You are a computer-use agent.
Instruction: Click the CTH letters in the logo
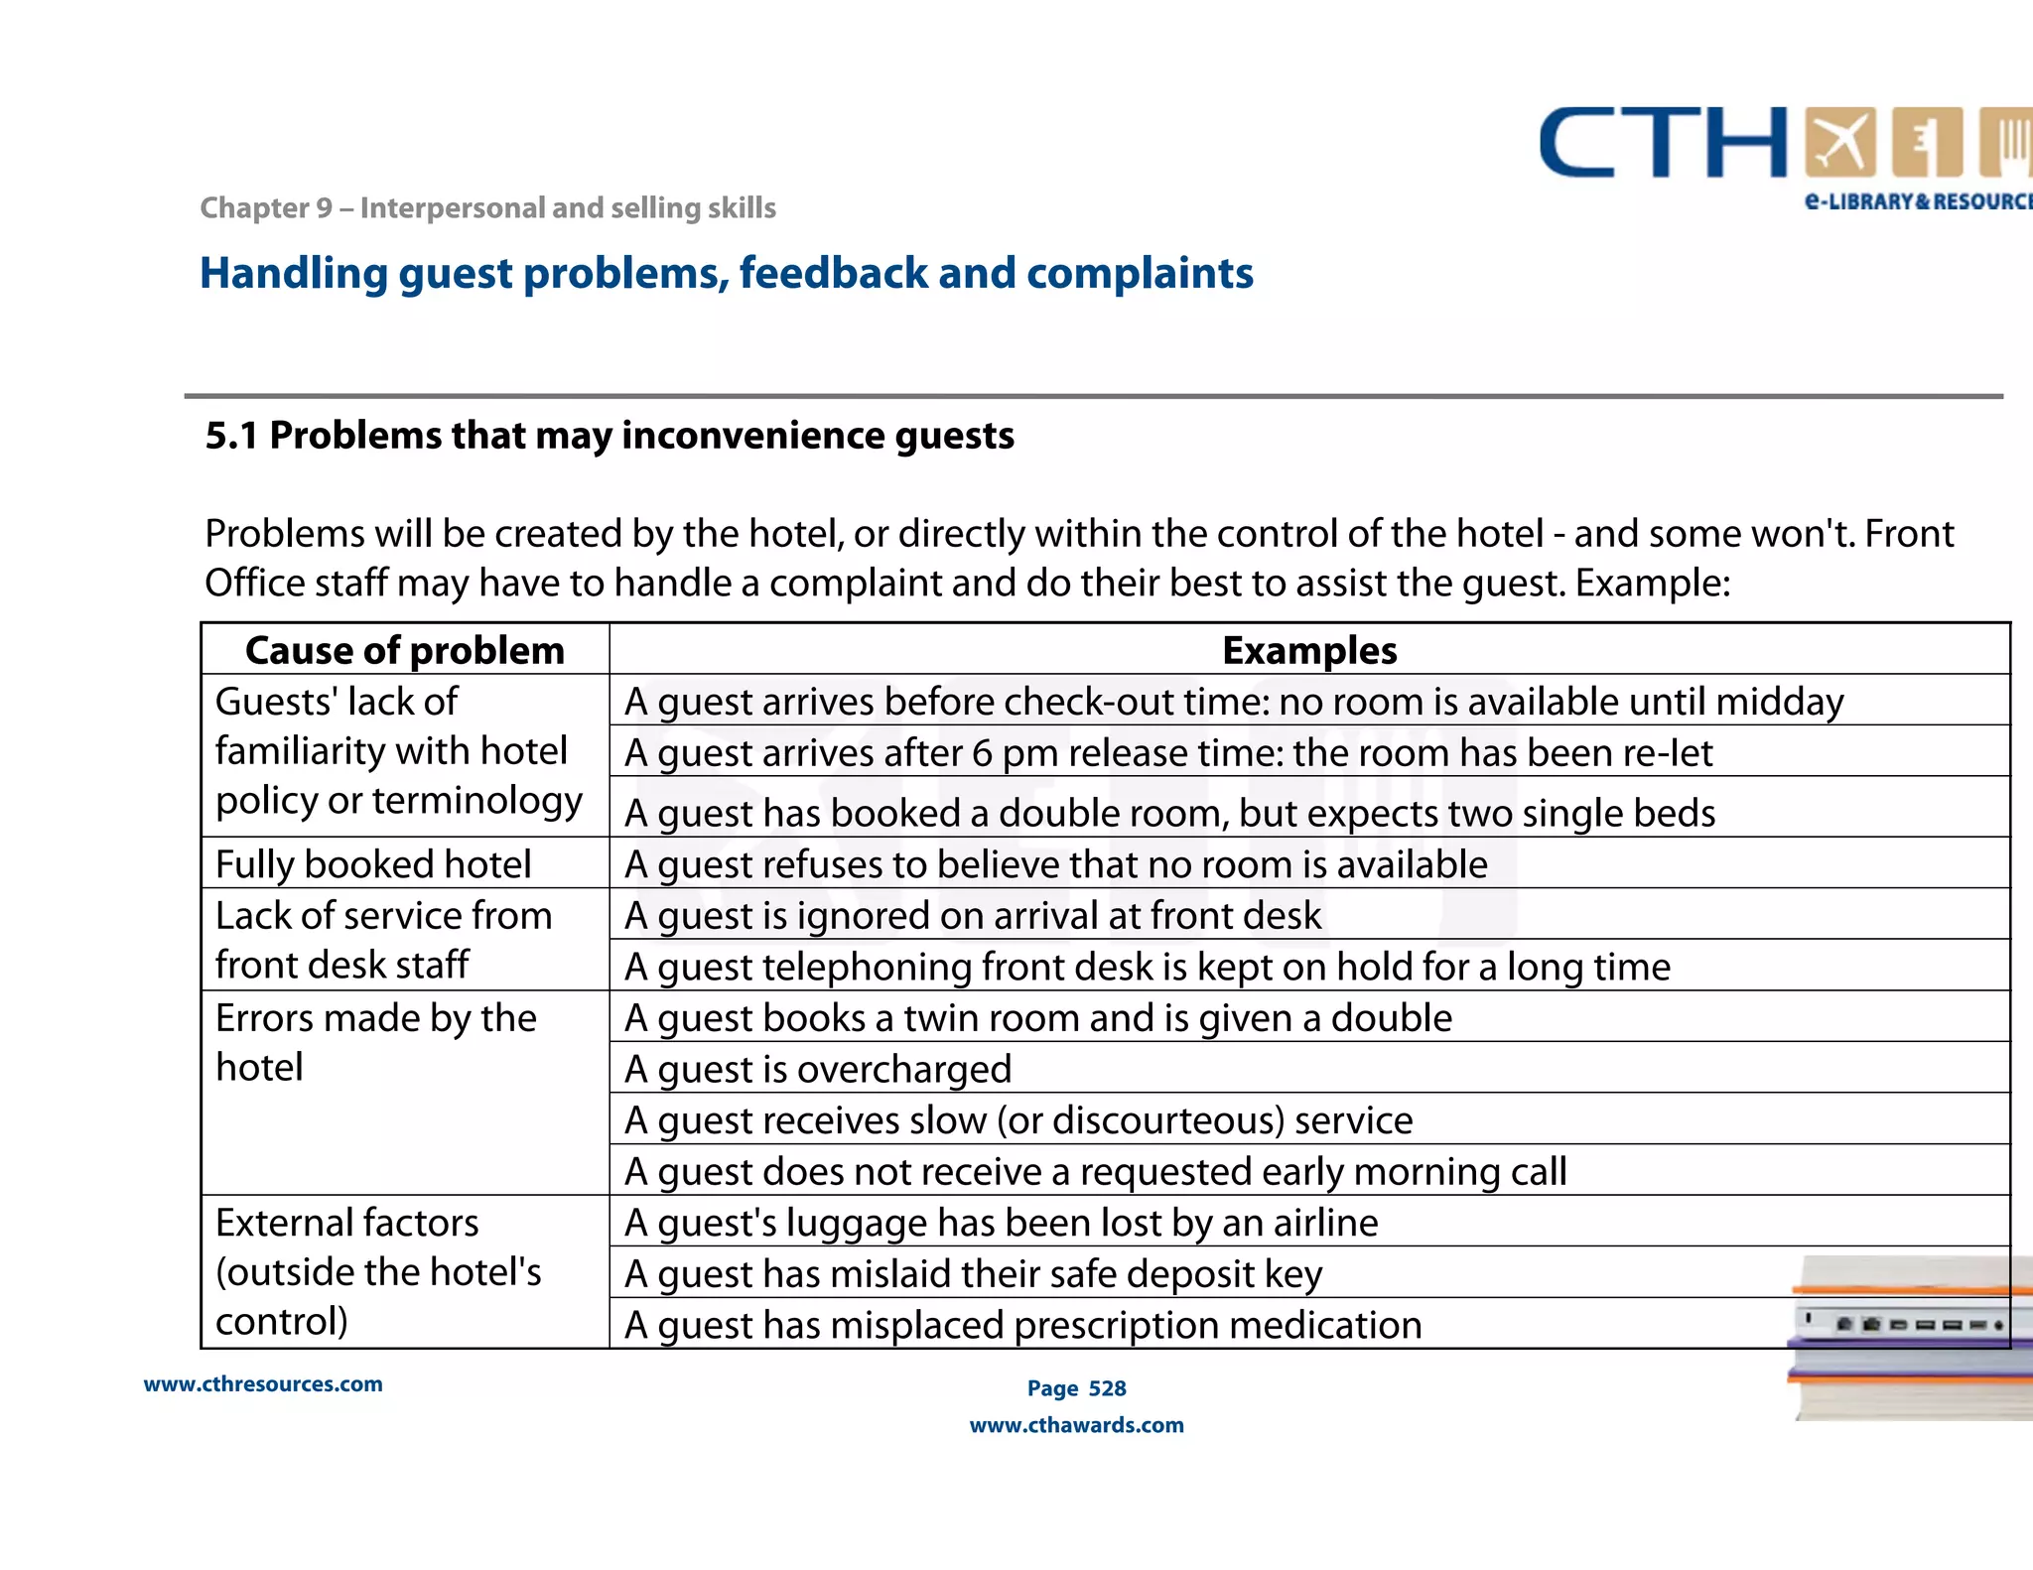[x=1663, y=144]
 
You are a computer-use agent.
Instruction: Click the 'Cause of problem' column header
[x=405, y=651]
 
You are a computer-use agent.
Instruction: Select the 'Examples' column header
[x=1309, y=651]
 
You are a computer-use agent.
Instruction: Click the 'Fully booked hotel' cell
[x=373, y=864]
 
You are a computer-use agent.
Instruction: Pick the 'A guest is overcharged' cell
[x=818, y=1070]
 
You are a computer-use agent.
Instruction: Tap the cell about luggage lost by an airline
[x=1001, y=1223]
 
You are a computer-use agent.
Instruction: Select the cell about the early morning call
[x=1095, y=1172]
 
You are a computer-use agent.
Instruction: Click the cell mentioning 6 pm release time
[x=1167, y=753]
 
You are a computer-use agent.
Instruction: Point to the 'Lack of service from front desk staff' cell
[x=383, y=940]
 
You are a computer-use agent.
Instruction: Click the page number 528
[x=1107, y=1388]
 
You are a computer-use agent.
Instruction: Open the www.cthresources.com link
[x=263, y=1384]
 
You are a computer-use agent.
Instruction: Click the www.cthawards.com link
[x=1076, y=1425]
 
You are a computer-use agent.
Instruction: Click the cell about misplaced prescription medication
[x=1022, y=1326]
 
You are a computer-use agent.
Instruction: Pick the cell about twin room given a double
[x=1037, y=1019]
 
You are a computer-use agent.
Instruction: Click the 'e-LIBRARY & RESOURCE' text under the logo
[x=1916, y=201]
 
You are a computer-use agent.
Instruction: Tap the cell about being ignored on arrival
[x=973, y=916]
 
